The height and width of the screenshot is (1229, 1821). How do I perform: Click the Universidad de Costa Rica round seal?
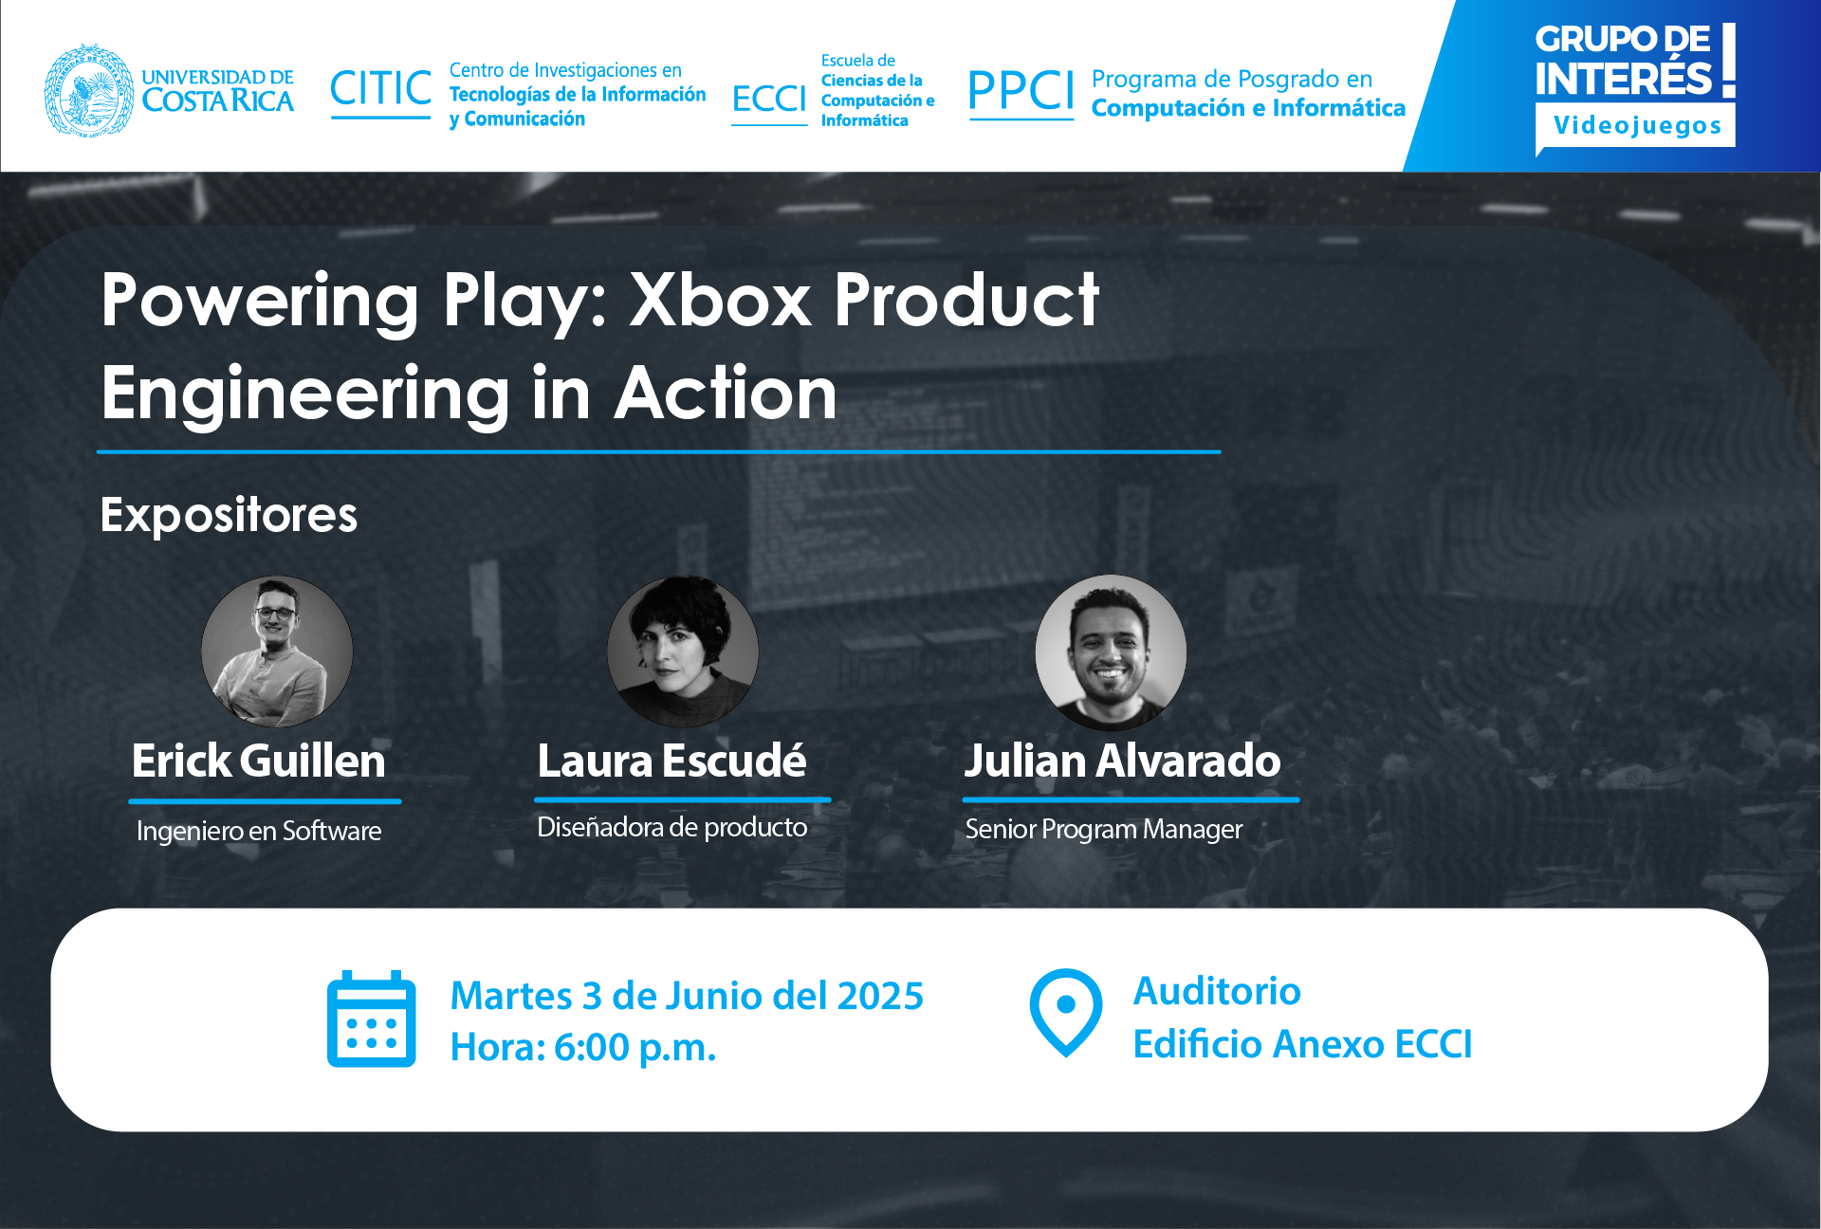tap(89, 90)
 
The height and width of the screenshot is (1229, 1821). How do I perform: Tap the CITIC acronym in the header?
tap(381, 89)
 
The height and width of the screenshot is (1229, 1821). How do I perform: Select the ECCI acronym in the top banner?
tap(769, 99)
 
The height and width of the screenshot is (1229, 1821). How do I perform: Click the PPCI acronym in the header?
tap(1021, 91)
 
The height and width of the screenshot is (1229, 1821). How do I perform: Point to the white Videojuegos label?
tap(1636, 126)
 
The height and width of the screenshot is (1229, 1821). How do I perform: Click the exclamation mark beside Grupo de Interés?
tap(1729, 61)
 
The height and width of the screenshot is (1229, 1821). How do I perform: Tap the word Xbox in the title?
tap(721, 300)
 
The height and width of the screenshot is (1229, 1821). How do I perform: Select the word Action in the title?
tap(727, 393)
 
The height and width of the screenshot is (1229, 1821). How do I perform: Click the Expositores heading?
tap(229, 516)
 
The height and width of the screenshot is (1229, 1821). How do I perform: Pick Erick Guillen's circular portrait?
tap(277, 652)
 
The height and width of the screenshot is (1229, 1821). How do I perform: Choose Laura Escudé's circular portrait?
tap(683, 652)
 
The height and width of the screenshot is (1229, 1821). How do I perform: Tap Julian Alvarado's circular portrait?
tap(1111, 652)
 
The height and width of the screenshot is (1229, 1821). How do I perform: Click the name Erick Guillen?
tap(259, 761)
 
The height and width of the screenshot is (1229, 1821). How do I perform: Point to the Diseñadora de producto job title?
tap(671, 827)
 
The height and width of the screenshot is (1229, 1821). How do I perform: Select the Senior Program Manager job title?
tap(1103, 829)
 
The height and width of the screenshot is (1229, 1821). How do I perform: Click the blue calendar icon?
tap(372, 1018)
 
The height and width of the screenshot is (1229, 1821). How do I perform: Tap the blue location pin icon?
tap(1066, 1012)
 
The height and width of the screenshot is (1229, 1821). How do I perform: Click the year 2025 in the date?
tap(880, 996)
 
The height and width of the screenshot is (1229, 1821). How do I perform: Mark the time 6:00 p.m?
tap(635, 1048)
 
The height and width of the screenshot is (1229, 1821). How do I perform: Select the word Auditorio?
tap(1217, 991)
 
